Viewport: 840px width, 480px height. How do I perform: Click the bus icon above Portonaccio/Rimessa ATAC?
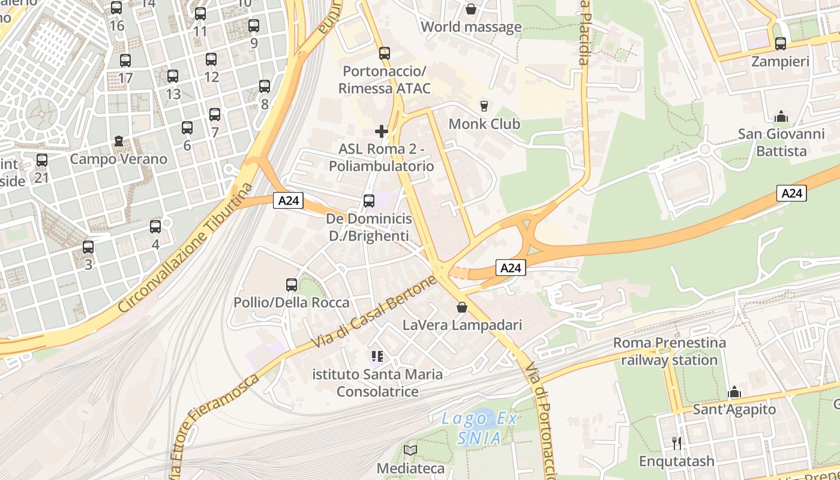tap(385, 53)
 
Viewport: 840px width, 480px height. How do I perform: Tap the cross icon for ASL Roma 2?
tap(381, 131)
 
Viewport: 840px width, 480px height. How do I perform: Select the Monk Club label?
tap(484, 124)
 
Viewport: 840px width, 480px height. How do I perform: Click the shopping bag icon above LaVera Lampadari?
tap(462, 307)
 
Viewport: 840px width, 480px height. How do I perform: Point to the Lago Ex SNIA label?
tap(479, 428)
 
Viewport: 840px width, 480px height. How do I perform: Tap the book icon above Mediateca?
tap(410, 450)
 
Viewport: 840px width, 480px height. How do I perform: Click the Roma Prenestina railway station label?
tap(669, 352)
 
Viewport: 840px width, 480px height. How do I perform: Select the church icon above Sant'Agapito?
tap(734, 392)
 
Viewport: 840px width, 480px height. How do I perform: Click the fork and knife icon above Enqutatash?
tap(677, 443)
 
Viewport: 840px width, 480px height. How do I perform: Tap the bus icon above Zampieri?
tap(780, 44)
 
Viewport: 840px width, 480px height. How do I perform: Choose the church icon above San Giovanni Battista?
tap(781, 116)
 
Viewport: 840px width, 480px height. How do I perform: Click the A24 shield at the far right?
tap(792, 193)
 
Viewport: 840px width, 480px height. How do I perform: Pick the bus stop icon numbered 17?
tap(125, 61)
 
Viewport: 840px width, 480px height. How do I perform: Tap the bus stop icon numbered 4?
tap(155, 227)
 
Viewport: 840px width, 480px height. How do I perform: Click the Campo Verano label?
tap(118, 160)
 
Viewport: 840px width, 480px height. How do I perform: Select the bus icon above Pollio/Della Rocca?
tap(292, 285)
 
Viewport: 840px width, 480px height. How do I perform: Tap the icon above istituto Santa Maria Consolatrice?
tap(377, 357)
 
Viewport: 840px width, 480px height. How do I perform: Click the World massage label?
tap(471, 27)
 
